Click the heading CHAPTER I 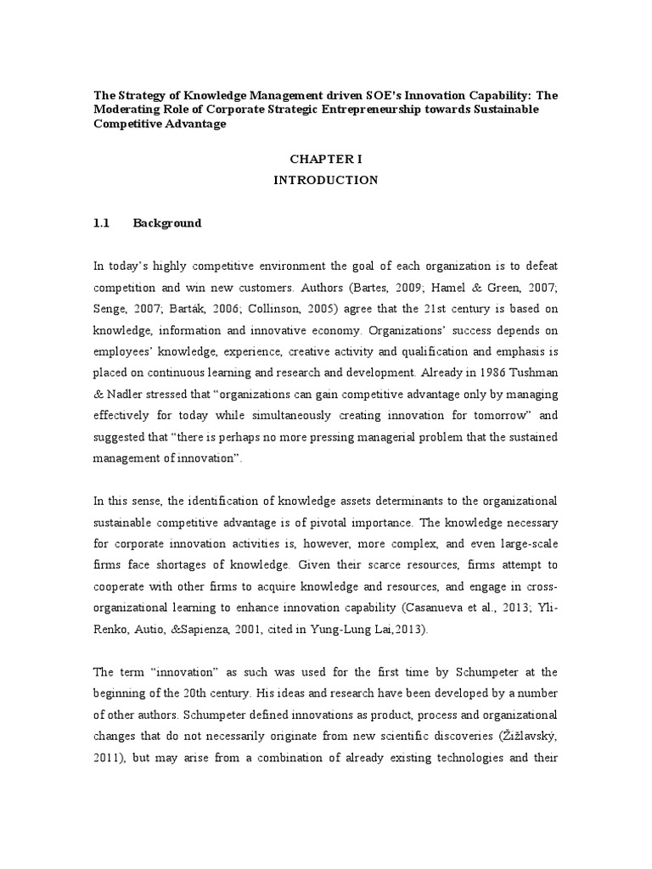(x=326, y=159)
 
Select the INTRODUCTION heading (x=326, y=181)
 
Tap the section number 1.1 (x=102, y=223)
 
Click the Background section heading (x=167, y=223)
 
